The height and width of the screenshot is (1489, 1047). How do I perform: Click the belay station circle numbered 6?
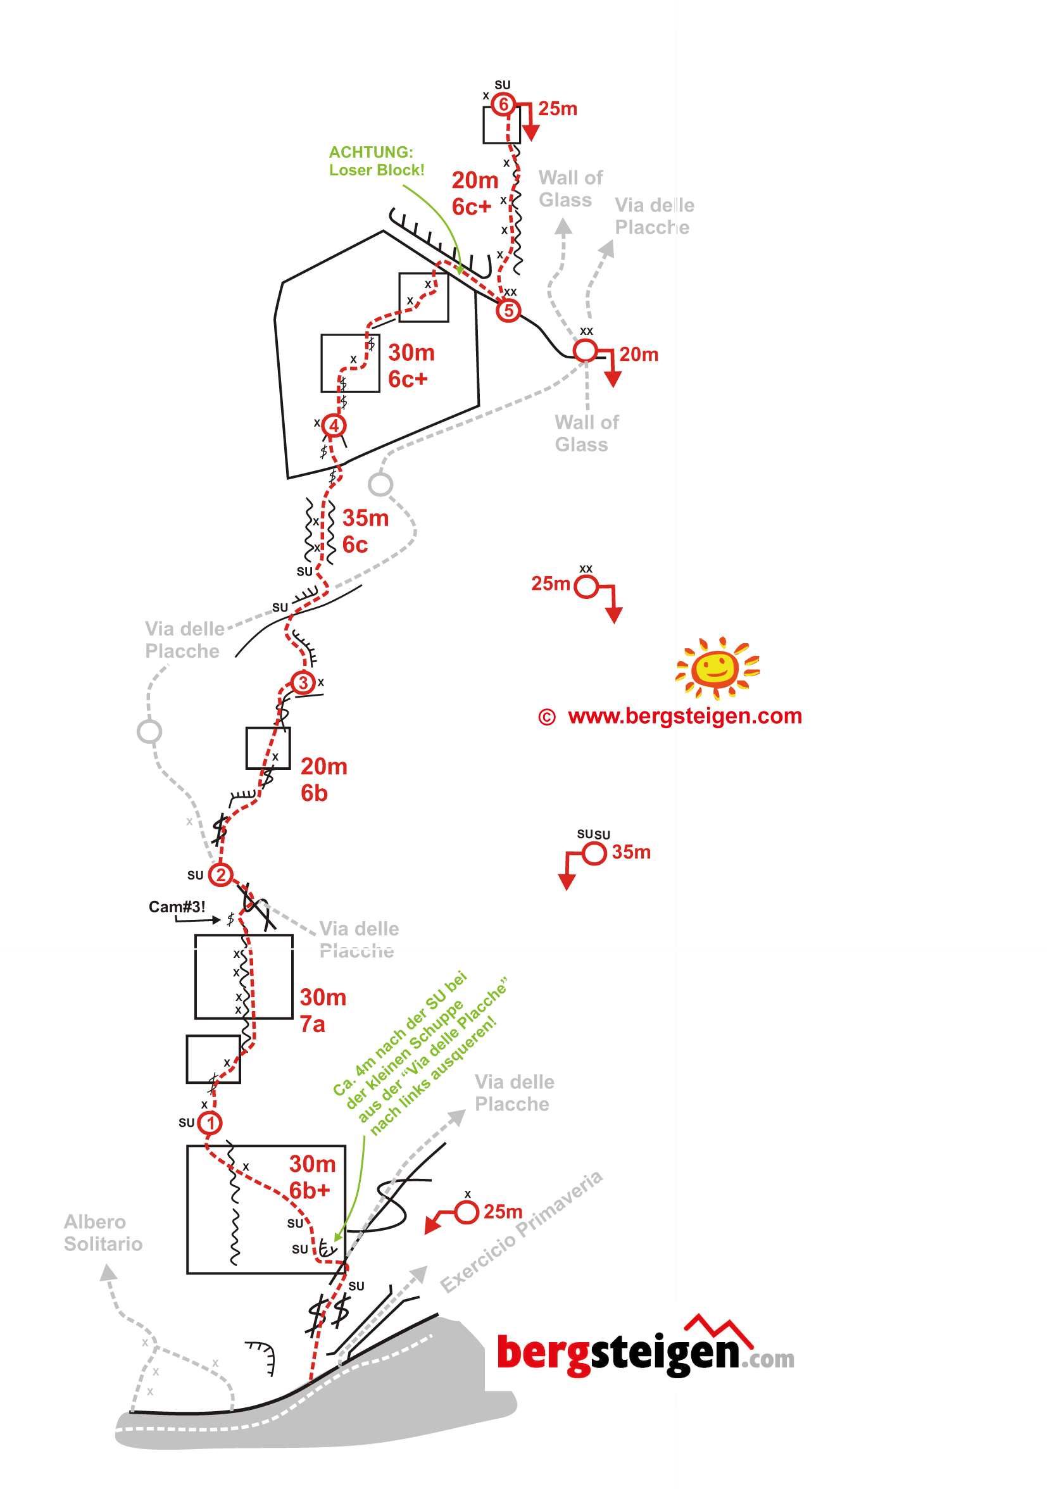pos(503,104)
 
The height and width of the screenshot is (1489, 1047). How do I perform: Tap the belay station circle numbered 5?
pos(509,311)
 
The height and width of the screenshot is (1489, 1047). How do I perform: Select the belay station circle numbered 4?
pos(334,425)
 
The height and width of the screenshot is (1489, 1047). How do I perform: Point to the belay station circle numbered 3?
pos(303,682)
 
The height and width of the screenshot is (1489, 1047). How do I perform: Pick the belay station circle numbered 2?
pos(220,875)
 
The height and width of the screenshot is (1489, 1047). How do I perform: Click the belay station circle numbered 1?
pos(210,1122)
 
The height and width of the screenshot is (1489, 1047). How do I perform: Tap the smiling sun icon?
pos(717,667)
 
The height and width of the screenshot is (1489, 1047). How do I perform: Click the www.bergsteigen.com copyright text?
pos(670,716)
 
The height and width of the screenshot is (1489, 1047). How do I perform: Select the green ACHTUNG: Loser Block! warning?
pos(376,161)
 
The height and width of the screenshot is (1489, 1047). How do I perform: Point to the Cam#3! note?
pos(177,907)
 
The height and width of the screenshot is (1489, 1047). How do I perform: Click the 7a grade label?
pos(312,1025)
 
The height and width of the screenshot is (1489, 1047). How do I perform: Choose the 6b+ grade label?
pos(310,1191)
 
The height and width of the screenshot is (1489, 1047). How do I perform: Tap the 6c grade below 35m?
pos(354,544)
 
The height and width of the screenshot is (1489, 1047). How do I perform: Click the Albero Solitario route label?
pos(103,1233)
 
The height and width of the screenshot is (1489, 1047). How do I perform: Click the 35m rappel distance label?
pos(630,852)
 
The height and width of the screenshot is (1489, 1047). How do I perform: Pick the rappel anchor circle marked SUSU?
pos(594,853)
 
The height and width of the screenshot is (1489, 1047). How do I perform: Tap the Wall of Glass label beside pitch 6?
pos(570,189)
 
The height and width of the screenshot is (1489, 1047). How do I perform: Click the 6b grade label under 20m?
pos(314,793)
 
